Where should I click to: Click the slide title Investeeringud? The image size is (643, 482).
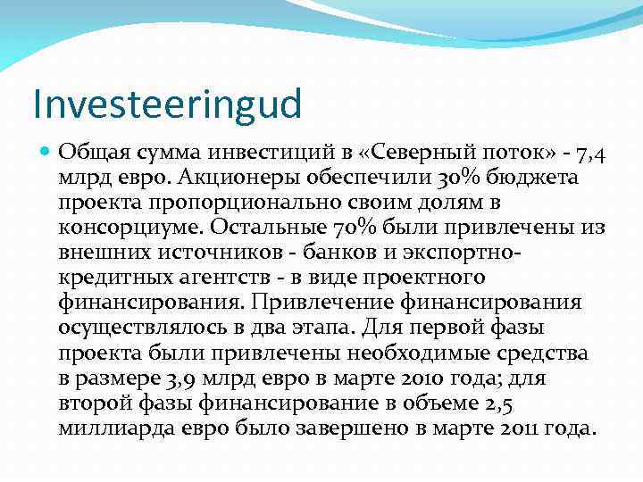(167, 104)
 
